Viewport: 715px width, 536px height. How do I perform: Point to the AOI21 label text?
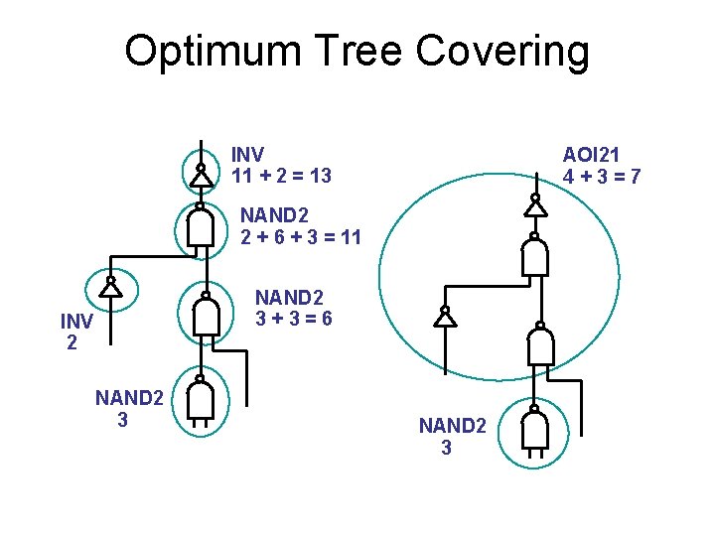pyautogui.click(x=592, y=155)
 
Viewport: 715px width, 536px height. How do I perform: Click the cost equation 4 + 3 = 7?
pyautogui.click(x=601, y=177)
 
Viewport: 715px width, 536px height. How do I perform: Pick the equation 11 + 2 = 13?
pyautogui.click(x=281, y=176)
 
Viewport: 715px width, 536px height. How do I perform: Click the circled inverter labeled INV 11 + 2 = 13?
pyautogui.click(x=201, y=175)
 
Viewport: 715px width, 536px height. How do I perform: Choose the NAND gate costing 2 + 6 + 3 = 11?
pyautogui.click(x=201, y=228)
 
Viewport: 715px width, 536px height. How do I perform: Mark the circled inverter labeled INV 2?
pyautogui.click(x=111, y=287)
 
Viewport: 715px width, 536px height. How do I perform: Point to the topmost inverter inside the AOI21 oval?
pyautogui.click(x=535, y=206)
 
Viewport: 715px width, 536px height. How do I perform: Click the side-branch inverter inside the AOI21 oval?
pyautogui.click(x=446, y=317)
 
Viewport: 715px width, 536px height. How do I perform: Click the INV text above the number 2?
pyautogui.click(x=76, y=323)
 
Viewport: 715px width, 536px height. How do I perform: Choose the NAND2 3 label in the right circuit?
pyautogui.click(x=452, y=436)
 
